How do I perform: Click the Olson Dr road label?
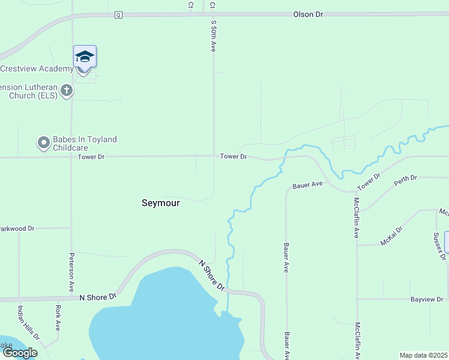[309, 14]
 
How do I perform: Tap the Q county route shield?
[118, 15]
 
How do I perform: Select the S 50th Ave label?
[213, 37]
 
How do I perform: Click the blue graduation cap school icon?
[85, 56]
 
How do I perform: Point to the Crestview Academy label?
[37, 68]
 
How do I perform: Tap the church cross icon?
[67, 91]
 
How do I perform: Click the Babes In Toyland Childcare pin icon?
[43, 143]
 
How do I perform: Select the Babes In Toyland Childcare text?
[84, 143]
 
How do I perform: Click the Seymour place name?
[160, 203]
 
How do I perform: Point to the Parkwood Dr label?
[18, 229]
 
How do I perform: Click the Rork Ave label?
[58, 318]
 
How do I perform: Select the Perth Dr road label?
[405, 179]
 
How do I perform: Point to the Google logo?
[20, 353]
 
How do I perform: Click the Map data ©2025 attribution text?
[424, 355]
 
